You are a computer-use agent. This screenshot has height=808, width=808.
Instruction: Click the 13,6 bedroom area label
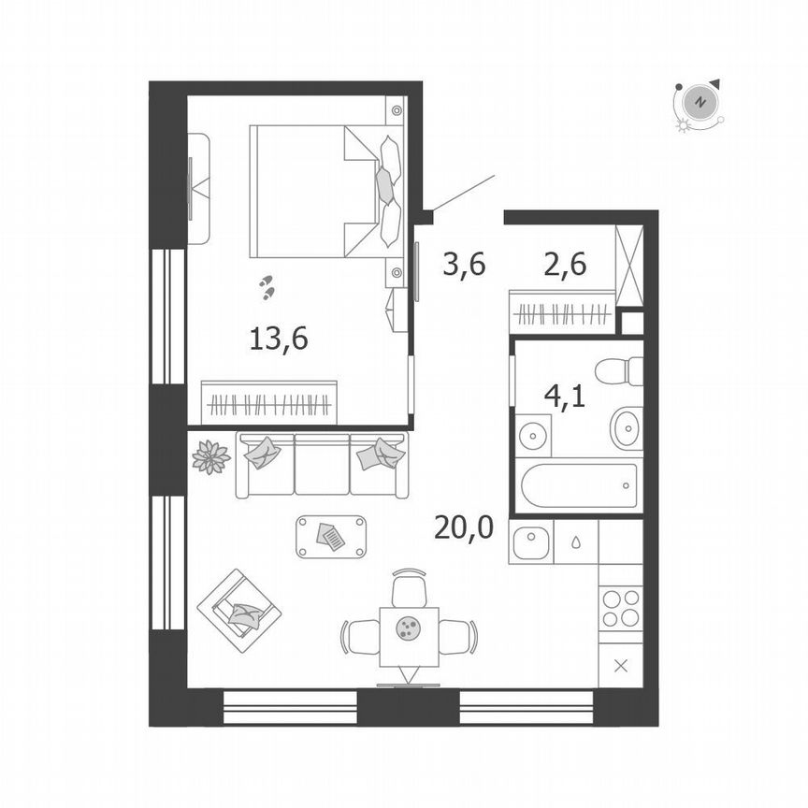tap(279, 339)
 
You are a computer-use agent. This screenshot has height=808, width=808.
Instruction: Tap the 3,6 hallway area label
tap(464, 266)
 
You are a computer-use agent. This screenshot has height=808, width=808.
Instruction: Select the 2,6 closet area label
tap(565, 266)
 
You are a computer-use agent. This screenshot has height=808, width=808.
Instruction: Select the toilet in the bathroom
tap(621, 371)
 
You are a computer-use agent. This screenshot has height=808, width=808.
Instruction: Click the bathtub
tap(579, 485)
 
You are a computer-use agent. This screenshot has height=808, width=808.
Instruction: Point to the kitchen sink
tap(531, 541)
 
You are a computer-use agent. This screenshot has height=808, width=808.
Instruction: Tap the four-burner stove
tap(621, 608)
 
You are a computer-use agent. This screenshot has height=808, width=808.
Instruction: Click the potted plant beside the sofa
tap(210, 457)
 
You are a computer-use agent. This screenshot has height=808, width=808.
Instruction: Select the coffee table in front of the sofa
tap(331, 537)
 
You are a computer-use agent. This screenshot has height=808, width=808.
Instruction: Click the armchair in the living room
tap(239, 610)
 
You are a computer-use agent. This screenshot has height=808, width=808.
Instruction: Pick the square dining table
tap(409, 636)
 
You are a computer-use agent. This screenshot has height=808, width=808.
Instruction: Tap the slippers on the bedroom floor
tap(268, 286)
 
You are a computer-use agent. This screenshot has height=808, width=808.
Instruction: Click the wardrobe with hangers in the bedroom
tap(269, 403)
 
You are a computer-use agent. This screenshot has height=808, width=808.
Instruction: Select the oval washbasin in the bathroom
tap(627, 428)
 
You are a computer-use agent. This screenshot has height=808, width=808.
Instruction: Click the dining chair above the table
tap(410, 588)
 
